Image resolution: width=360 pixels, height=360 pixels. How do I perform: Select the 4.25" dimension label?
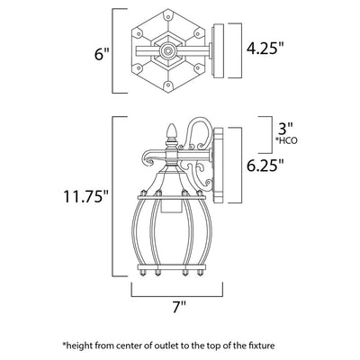point(265,48)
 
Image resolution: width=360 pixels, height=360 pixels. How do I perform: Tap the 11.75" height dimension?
point(85,196)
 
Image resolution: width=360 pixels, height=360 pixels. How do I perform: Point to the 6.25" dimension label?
point(265,165)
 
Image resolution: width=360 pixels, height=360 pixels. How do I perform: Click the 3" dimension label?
point(284,130)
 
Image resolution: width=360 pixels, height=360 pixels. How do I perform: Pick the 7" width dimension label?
point(179,307)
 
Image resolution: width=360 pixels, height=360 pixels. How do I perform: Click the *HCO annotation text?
point(287,140)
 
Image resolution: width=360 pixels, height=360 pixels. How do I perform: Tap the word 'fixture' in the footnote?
point(264,346)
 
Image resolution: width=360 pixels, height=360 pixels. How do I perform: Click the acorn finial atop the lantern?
point(171,132)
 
